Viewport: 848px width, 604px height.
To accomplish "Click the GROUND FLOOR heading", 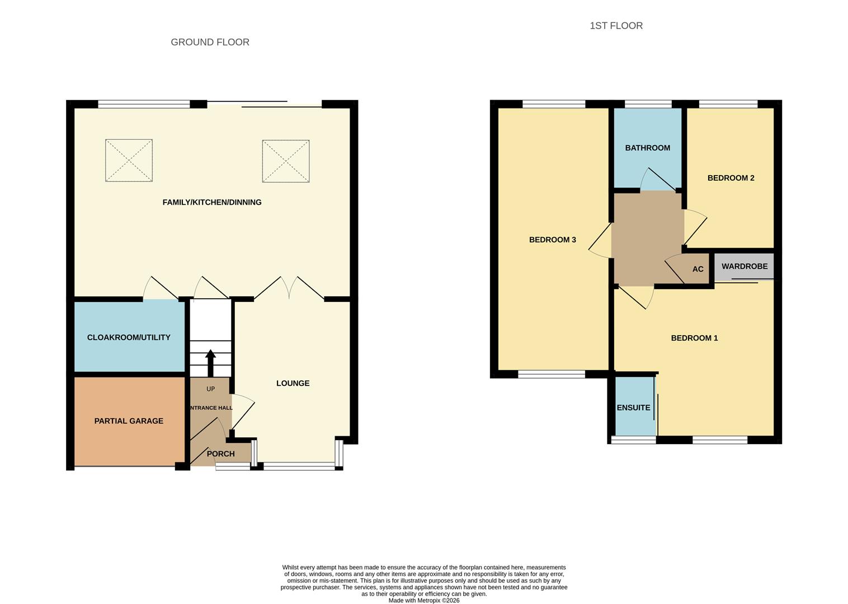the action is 210,42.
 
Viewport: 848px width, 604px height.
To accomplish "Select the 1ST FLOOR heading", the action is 616,26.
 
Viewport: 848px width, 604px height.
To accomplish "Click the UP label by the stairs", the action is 210,389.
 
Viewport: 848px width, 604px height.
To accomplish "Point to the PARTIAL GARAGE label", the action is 129,421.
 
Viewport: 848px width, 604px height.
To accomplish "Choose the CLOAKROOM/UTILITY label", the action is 129,337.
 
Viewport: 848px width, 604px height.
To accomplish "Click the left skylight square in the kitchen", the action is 129,161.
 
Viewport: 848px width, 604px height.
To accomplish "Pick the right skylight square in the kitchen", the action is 286,161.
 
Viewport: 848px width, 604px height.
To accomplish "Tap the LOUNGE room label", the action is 293,383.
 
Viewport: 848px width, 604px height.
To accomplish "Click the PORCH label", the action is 221,454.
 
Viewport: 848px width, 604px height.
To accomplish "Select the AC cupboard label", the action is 698,269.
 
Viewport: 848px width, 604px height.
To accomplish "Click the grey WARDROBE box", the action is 745,266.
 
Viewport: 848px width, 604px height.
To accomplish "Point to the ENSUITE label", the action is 633,408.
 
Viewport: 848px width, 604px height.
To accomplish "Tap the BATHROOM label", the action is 647,148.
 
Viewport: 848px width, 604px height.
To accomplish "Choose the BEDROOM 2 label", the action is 731,178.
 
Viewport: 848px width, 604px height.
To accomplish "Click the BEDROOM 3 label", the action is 552,239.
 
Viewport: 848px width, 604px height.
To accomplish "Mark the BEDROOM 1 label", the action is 694,338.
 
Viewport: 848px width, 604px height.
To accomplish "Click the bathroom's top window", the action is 648,104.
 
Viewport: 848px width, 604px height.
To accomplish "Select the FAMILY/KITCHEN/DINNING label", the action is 212,202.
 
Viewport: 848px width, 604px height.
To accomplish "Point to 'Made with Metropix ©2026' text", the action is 424,601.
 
